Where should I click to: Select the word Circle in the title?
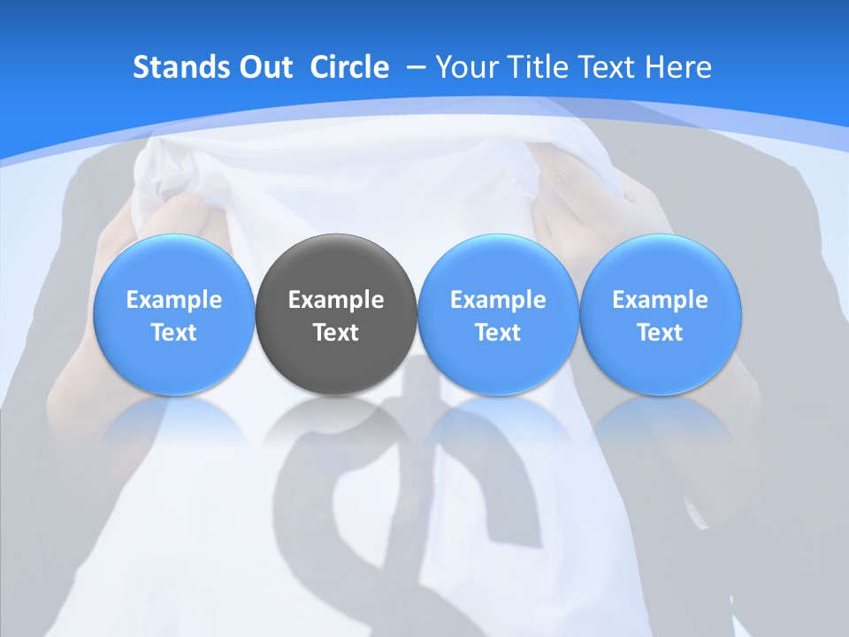click(x=349, y=67)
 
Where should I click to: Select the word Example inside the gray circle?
click(x=336, y=300)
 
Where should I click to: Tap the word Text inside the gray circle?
click(x=336, y=333)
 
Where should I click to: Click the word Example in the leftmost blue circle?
click(x=174, y=300)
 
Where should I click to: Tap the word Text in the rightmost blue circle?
click(x=660, y=333)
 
